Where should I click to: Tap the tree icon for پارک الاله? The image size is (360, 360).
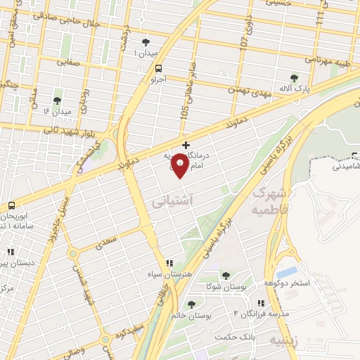pyautogui.click(x=295, y=78)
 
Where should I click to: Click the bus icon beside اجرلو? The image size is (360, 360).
pyautogui.click(x=157, y=69)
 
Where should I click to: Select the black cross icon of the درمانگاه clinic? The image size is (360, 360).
pyautogui.click(x=185, y=145)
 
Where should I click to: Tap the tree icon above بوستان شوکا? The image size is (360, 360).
pyautogui.click(x=225, y=276)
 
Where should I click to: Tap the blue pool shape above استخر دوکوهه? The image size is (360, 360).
pyautogui.click(x=286, y=271)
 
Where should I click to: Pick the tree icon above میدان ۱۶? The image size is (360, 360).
pyautogui.click(x=56, y=101)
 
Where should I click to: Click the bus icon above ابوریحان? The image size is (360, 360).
pyautogui.click(x=12, y=205)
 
